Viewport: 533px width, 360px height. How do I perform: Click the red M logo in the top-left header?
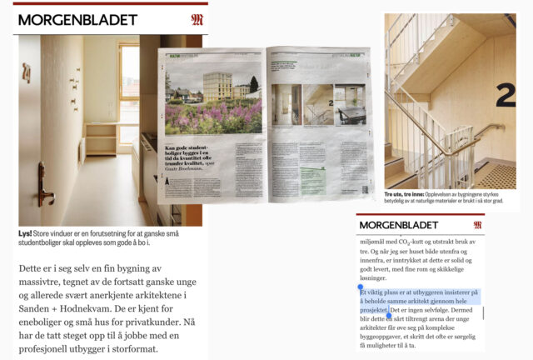197,19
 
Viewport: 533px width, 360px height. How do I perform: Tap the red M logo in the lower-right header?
477,225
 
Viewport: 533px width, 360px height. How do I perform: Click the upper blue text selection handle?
360,287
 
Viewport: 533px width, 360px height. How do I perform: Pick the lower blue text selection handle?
389,316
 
